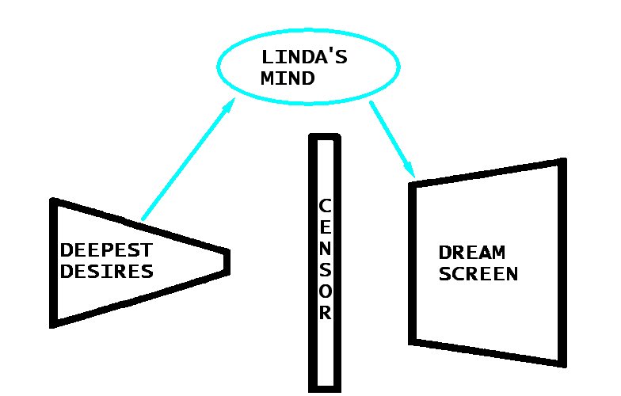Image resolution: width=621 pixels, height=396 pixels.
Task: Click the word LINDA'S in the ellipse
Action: click(304, 58)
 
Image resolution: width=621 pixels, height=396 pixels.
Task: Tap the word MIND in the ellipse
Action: click(288, 78)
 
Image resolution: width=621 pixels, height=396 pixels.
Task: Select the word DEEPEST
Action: click(106, 251)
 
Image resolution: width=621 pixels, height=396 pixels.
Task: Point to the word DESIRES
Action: click(106, 272)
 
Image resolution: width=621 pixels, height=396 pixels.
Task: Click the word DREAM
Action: click(472, 253)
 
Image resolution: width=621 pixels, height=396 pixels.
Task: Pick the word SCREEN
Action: click(478, 274)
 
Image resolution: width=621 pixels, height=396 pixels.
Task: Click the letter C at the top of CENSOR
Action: click(325, 206)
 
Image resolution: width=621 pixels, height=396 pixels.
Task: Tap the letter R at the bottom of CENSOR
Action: click(325, 313)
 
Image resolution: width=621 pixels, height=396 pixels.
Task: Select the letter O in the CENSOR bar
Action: click(325, 291)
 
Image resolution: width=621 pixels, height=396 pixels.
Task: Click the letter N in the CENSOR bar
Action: click(325, 249)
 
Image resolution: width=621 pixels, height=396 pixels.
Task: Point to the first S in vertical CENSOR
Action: click(325, 270)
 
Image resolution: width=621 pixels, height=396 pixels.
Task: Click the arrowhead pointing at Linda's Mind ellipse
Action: click(230, 105)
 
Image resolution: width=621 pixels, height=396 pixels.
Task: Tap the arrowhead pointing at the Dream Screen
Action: click(410, 169)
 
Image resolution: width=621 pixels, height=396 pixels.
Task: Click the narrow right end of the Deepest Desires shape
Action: click(227, 262)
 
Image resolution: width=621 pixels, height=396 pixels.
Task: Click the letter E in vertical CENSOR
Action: click(325, 227)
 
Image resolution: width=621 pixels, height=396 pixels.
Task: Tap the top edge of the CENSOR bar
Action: click(325, 138)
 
